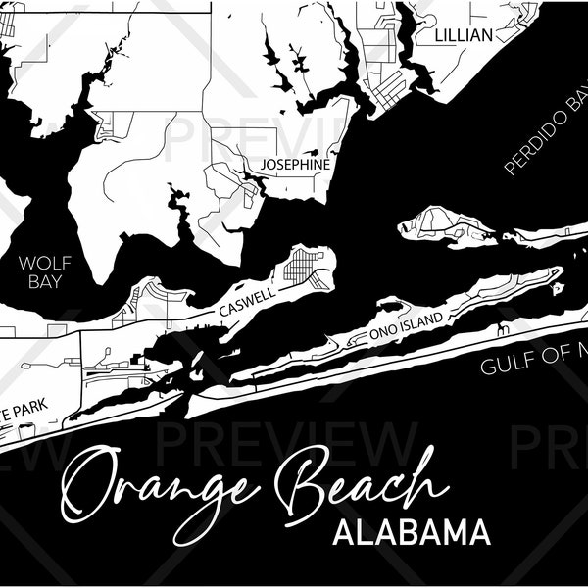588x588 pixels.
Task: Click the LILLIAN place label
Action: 465,35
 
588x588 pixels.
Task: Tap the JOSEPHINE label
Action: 295,165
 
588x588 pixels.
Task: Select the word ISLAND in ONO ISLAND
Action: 422,319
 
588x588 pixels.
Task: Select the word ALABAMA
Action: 411,534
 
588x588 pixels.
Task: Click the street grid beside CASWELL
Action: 304,265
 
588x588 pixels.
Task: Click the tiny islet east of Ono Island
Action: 558,289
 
